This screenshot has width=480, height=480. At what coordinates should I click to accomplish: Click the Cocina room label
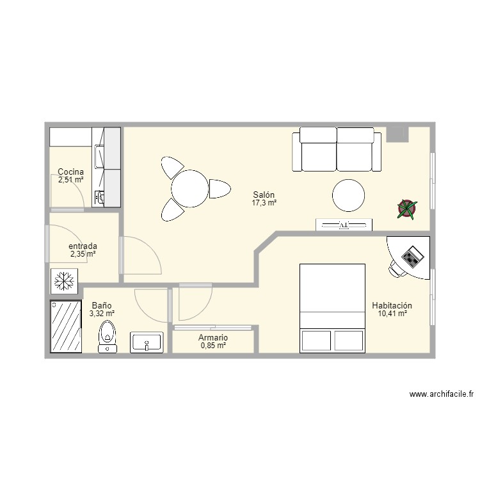point(70,172)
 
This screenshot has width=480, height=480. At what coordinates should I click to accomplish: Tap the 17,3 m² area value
point(264,203)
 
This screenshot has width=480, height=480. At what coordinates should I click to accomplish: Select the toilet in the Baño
point(108,336)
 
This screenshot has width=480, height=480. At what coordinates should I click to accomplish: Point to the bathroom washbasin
point(147,342)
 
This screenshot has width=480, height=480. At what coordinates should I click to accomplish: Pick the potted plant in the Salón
point(406,208)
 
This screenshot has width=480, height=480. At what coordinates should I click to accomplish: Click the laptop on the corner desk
point(412,258)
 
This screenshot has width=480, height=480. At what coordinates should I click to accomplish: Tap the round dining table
point(189,189)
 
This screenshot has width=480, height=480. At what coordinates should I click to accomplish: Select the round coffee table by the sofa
point(348,195)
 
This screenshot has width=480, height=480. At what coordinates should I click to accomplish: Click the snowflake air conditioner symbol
point(64,281)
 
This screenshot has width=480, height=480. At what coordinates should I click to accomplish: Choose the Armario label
point(213,337)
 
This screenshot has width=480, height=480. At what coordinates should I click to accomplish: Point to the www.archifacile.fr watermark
point(442,395)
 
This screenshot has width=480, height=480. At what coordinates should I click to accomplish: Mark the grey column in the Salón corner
point(397,134)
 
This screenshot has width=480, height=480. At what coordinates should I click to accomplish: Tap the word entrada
point(83,246)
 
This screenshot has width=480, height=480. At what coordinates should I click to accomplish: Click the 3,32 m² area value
point(102,314)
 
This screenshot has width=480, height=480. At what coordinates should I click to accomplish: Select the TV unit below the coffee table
point(344,225)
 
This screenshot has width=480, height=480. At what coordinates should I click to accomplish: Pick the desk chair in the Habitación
point(397,269)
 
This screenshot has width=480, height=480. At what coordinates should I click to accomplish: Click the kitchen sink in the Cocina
point(100,156)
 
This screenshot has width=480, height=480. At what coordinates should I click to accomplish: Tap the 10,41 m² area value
point(392,314)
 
